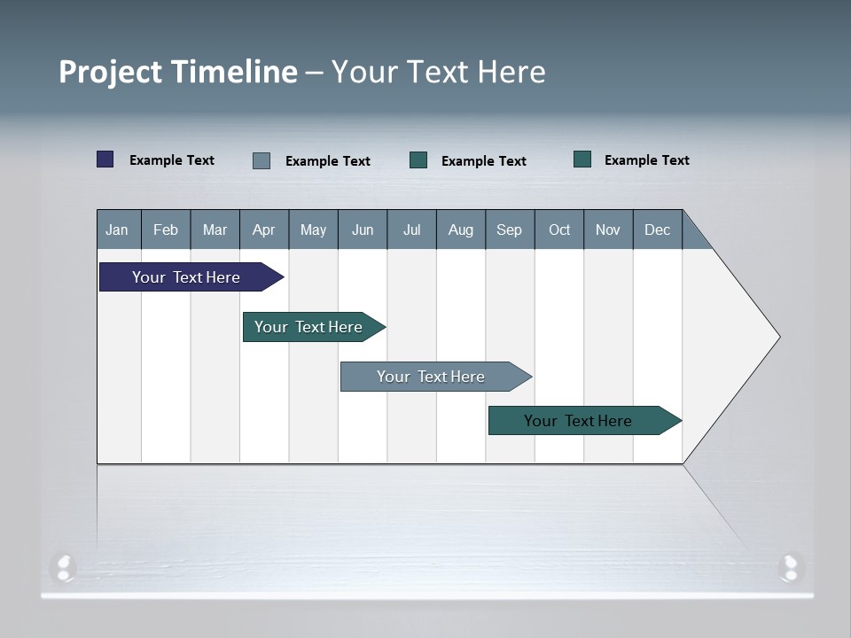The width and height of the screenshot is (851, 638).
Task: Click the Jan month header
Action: click(x=118, y=230)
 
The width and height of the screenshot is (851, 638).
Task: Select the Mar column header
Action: click(x=215, y=230)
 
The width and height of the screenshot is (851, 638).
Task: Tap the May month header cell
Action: click(x=313, y=230)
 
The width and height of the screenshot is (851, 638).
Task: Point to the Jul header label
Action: click(x=411, y=230)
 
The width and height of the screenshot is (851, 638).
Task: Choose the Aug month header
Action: click(x=460, y=230)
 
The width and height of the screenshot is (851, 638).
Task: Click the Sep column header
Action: click(x=509, y=230)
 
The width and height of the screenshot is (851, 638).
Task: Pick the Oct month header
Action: click(x=558, y=230)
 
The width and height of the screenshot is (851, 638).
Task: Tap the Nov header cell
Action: click(x=607, y=230)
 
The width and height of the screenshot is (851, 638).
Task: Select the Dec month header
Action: click(x=657, y=230)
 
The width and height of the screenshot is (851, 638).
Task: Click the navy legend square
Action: click(x=105, y=159)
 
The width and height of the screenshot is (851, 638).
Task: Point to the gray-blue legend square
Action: click(x=262, y=160)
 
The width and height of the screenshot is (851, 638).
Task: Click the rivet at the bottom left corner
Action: click(x=64, y=567)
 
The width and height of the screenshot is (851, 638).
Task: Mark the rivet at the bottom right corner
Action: click(x=790, y=567)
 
